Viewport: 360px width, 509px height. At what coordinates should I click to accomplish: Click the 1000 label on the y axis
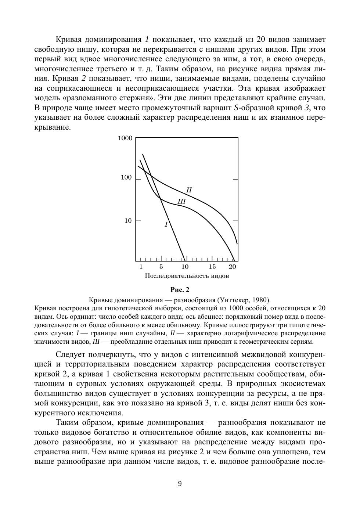pos(125,138)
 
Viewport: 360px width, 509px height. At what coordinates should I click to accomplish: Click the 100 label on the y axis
pos(126,178)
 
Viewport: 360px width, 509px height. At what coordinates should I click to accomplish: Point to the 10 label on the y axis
pos(128,221)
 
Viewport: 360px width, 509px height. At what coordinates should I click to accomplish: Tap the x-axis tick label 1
pos(141,267)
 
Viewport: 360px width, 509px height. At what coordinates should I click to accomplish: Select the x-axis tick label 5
pos(161,267)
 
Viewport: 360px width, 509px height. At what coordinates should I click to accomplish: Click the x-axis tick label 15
pos(212,267)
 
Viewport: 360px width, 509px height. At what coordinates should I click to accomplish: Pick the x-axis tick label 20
pos(232,267)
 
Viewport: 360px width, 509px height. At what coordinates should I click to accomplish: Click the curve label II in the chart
pos(189,190)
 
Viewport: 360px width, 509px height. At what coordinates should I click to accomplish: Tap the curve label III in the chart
pos(181,201)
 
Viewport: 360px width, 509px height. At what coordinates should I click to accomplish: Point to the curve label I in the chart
pos(166,224)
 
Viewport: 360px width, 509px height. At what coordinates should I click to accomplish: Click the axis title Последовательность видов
pos(187,276)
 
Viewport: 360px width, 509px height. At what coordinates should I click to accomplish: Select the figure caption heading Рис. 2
pos(180,290)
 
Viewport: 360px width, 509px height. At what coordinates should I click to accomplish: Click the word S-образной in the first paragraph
pos(252,108)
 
